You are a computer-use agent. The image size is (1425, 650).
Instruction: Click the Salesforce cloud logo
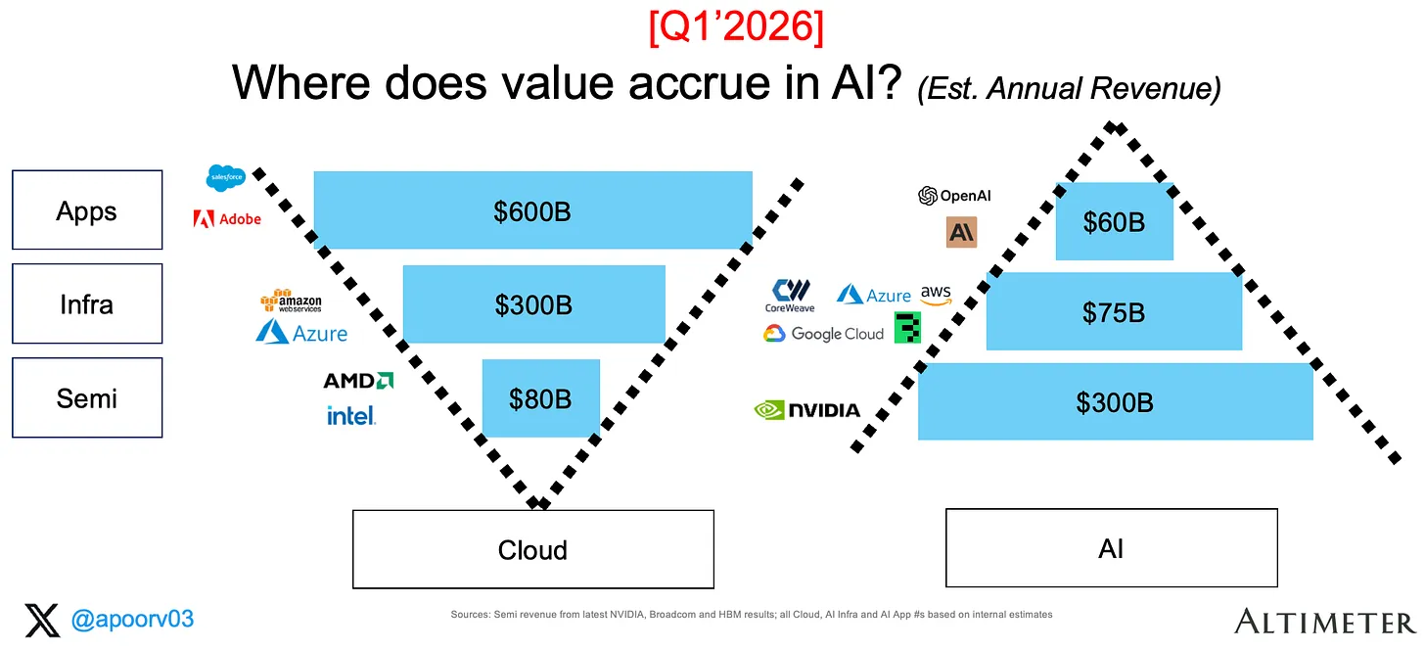click(x=226, y=177)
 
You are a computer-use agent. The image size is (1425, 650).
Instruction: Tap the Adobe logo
click(x=227, y=218)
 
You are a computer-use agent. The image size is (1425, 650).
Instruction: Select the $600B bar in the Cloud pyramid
click(x=533, y=209)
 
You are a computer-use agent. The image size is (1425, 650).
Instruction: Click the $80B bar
click(x=540, y=398)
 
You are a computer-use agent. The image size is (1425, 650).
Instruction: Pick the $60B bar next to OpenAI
click(x=1115, y=221)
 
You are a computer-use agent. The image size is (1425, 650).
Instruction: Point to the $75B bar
click(x=1114, y=311)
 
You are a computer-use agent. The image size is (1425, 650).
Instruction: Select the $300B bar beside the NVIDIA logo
click(x=1115, y=401)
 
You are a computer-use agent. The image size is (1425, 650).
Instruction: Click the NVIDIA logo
click(x=806, y=410)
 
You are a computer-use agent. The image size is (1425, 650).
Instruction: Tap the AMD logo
click(x=359, y=381)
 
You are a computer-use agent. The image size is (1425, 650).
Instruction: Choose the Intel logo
click(x=351, y=416)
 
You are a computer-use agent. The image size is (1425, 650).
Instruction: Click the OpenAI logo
click(x=954, y=195)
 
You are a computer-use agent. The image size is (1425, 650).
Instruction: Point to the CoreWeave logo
click(x=790, y=296)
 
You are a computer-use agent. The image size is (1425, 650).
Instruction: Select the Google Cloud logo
click(x=824, y=334)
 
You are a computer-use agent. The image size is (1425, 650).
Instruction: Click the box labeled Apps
click(x=87, y=209)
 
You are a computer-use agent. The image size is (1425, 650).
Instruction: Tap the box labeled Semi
click(x=87, y=397)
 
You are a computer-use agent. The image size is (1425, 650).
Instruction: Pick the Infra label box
click(x=87, y=304)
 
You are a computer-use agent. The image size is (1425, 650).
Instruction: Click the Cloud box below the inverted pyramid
click(x=533, y=549)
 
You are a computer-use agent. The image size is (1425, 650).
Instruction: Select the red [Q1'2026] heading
click(x=736, y=26)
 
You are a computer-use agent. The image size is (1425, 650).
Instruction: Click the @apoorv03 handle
click(x=132, y=620)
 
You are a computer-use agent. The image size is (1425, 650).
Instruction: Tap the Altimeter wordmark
click(x=1325, y=622)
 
